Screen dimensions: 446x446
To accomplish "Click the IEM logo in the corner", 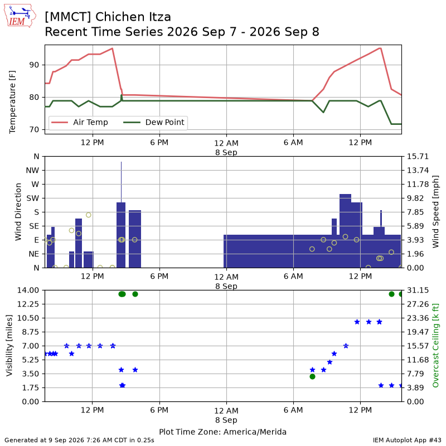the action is point(20,16).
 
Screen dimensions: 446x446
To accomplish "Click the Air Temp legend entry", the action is point(79,122).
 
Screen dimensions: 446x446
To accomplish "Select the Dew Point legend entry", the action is point(154,122).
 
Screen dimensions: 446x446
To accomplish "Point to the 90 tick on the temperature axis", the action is point(34,65).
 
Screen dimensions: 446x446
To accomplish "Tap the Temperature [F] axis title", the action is point(12,102).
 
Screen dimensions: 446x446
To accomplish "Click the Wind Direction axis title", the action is point(18,212).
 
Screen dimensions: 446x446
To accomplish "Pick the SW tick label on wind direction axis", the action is point(33,198).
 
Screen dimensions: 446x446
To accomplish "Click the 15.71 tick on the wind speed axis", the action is point(418,157).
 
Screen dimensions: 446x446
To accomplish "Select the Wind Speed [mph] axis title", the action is point(435,212).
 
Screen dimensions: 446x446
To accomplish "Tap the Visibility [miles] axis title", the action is point(9,346).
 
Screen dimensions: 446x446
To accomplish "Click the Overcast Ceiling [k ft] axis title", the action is point(435,346).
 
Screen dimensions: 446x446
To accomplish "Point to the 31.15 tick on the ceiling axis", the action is point(418,290).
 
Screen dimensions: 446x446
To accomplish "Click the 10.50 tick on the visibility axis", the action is point(28,318).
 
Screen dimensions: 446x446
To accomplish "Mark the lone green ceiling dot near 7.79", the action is point(312,377).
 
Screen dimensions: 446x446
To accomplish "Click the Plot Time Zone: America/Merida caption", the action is point(222,432).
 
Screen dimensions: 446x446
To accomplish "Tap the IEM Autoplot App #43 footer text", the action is point(407,440).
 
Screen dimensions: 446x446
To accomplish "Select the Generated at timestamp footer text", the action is point(79,440).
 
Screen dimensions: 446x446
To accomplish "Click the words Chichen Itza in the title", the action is point(133,17).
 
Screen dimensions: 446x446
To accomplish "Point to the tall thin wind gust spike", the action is point(121,182).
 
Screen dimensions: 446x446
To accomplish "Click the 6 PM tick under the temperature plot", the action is point(159,142).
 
